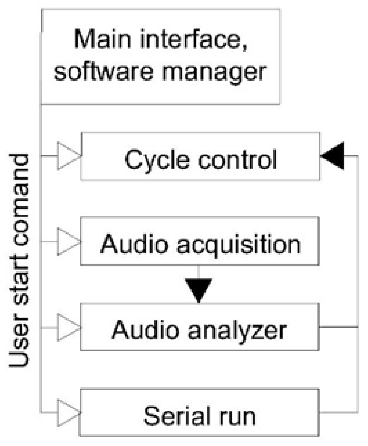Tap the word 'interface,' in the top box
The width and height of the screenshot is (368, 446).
(194, 39)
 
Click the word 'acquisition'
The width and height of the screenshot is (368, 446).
(239, 245)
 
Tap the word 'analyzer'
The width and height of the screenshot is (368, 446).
(237, 330)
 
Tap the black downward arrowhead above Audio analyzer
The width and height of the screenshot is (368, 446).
(199, 289)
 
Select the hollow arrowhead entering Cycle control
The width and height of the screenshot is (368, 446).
(68, 156)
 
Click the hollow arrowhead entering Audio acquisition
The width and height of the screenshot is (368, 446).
(68, 242)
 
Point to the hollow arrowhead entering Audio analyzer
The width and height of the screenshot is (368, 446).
(68, 327)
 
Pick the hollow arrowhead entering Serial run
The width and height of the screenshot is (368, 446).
(68, 413)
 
